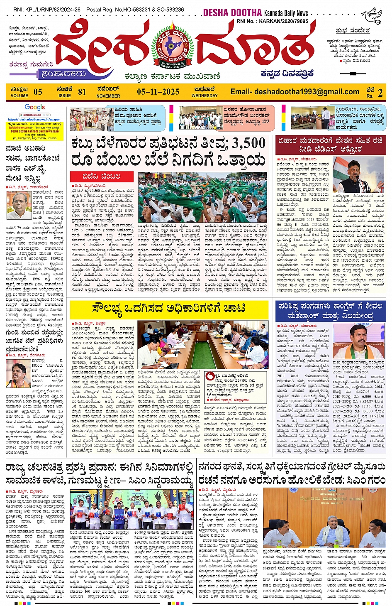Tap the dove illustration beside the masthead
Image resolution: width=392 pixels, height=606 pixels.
click(372, 15)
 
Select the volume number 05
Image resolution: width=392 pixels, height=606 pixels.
click(38, 92)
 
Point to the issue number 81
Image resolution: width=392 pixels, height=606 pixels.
click(82, 92)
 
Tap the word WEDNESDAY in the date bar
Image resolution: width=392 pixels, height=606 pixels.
click(205, 96)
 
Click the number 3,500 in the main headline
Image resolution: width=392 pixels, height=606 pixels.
click(248, 143)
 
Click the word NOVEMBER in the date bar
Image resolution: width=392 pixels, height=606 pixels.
click(108, 96)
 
